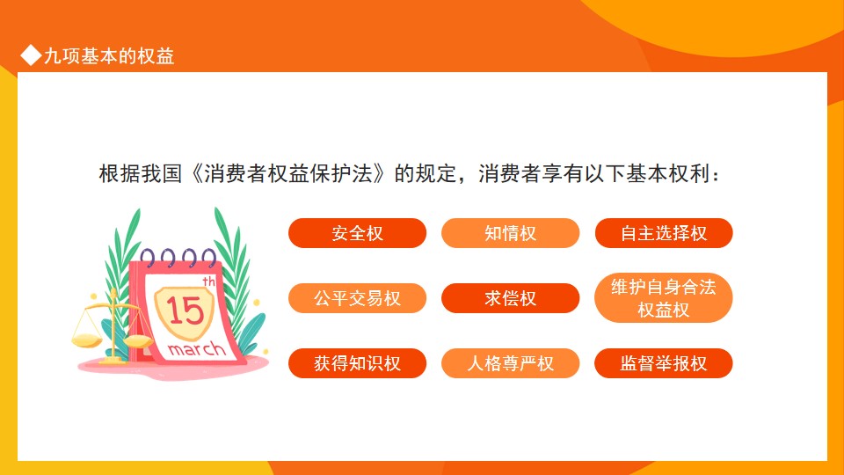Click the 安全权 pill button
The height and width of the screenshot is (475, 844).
pyautogui.click(x=358, y=233)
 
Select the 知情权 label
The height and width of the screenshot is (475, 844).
pyautogui.click(x=510, y=233)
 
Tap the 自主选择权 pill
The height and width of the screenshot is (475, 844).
pyautogui.click(x=664, y=233)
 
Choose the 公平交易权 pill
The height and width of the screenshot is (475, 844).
pyautogui.click(x=358, y=298)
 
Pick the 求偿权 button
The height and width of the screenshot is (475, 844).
pyautogui.click(x=510, y=298)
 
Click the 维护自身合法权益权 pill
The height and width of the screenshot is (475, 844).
pyautogui.click(x=664, y=298)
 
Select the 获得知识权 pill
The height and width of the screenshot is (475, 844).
pyautogui.click(x=358, y=363)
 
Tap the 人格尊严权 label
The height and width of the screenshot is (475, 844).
pyautogui.click(x=510, y=363)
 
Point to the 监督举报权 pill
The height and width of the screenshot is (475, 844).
pyautogui.click(x=664, y=363)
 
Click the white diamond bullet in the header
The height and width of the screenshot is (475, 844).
pyautogui.click(x=31, y=55)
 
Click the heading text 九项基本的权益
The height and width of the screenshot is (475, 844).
pyautogui.click(x=109, y=56)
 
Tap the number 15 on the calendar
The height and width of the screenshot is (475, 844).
pyautogui.click(x=185, y=311)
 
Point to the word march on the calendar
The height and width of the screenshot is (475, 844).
pyautogui.click(x=196, y=349)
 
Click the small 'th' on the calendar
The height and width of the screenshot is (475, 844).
pyautogui.click(x=209, y=281)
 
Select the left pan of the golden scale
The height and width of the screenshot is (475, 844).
pyautogui.click(x=87, y=340)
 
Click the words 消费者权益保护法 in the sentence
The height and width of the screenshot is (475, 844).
pyautogui.click(x=288, y=174)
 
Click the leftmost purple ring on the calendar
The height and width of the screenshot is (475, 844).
pyautogui.click(x=148, y=259)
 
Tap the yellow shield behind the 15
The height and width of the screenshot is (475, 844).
pyautogui.click(x=185, y=312)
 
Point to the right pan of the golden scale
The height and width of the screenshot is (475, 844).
pyautogui.click(x=138, y=341)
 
